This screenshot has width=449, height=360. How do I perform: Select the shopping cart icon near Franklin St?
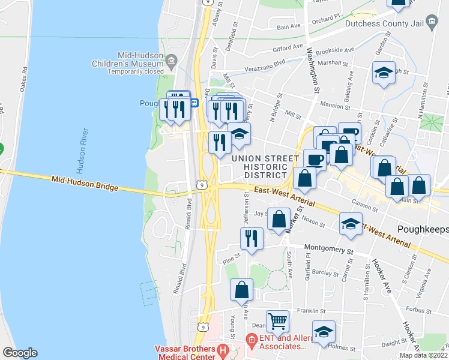click(x=277, y=320)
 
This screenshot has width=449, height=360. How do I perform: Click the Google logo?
click(x=20, y=352)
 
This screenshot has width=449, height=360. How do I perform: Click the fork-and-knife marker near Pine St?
click(x=251, y=238)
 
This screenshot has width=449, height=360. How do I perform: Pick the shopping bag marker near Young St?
click(x=241, y=289)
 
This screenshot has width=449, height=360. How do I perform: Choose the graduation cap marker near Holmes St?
click(x=324, y=332)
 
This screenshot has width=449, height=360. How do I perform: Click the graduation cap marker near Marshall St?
click(x=384, y=73)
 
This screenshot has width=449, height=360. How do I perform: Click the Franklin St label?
click(x=310, y=311)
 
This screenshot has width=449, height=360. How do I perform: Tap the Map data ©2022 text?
click(x=423, y=355)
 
